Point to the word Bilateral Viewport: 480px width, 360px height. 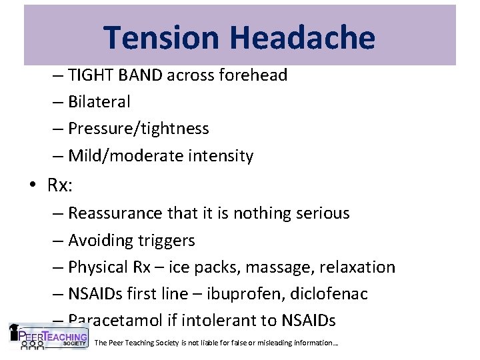click(x=99, y=102)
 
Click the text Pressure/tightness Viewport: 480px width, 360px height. click(x=139, y=128)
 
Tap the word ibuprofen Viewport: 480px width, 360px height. click(x=258, y=293)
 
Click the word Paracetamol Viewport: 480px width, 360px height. click(x=117, y=320)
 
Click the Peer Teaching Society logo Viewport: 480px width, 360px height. click(x=48, y=337)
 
